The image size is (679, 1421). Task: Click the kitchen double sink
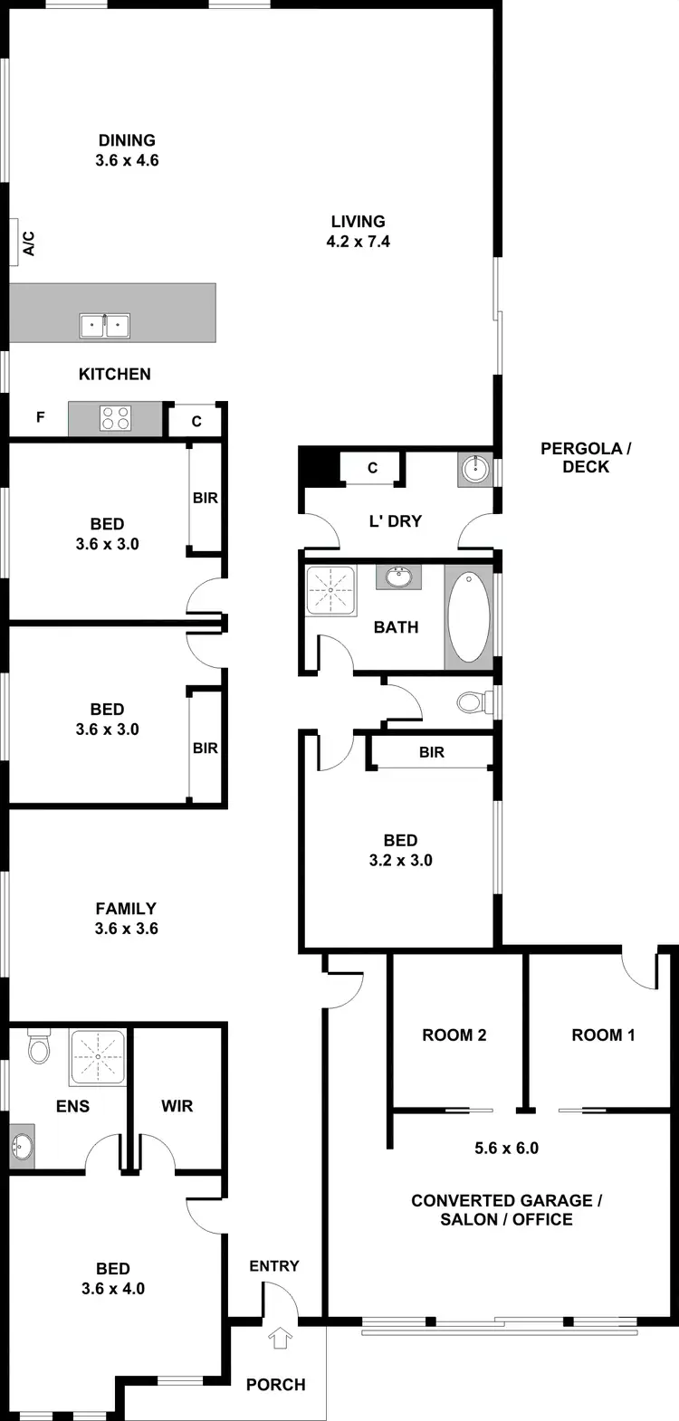coord(106,324)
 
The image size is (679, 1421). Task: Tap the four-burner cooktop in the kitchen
coord(115,418)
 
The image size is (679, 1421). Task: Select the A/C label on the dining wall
coord(28,243)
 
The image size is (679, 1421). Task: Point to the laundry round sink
coord(474,469)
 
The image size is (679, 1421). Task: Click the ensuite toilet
coord(38,1048)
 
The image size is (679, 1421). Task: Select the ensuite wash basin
coord(21,1148)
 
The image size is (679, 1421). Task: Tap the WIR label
coord(177,1106)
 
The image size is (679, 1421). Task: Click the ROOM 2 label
coord(454,1035)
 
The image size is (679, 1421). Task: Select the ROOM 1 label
coord(603,1035)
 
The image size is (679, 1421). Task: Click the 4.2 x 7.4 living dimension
coord(359,242)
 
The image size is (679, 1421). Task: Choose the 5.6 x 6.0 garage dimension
coord(507,1149)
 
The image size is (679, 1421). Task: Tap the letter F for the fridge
coord(40,417)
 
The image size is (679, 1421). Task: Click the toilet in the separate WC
coord(470,701)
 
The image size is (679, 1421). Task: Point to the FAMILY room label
coord(127,909)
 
